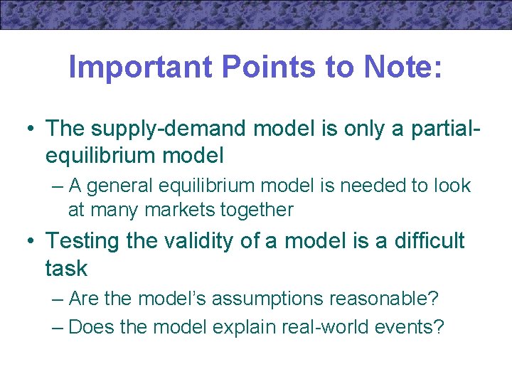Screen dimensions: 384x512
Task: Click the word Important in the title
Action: pos(141,68)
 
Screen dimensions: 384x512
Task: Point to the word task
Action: pos(66,268)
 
